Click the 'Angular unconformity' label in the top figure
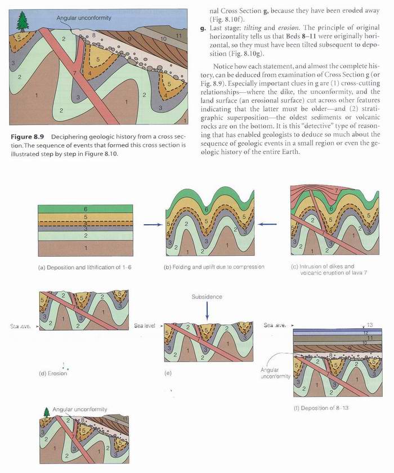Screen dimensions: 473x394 tap(83, 18)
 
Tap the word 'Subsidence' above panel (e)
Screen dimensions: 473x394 tap(207, 297)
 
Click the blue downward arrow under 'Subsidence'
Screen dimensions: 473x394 tap(207, 313)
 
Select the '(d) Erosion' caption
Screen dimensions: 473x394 tap(54, 373)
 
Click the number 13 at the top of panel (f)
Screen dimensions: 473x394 tap(370, 325)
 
